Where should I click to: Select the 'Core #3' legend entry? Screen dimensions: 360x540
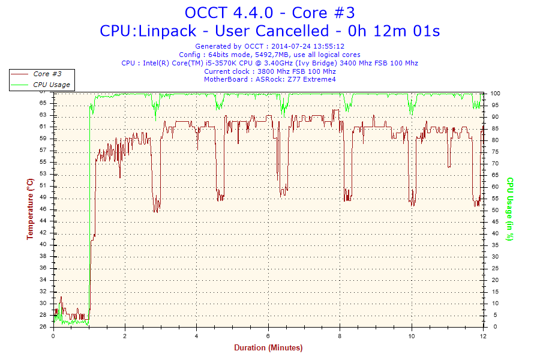pos(47,74)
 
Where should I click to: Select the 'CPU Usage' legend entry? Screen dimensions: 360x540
pos(51,85)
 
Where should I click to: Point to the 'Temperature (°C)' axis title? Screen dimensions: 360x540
pos(30,209)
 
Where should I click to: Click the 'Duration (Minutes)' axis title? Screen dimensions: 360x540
pos(268,348)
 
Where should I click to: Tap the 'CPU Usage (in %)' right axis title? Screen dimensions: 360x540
pos(511,209)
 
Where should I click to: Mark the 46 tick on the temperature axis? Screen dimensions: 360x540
pos(44,209)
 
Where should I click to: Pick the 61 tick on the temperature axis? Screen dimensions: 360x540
pos(44,127)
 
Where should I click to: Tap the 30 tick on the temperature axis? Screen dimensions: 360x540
pos(44,292)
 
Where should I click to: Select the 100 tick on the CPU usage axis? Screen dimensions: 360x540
pos(496,94)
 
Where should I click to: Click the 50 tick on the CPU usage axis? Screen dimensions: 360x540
pos(494,210)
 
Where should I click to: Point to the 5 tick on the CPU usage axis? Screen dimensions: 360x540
pos(493,315)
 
